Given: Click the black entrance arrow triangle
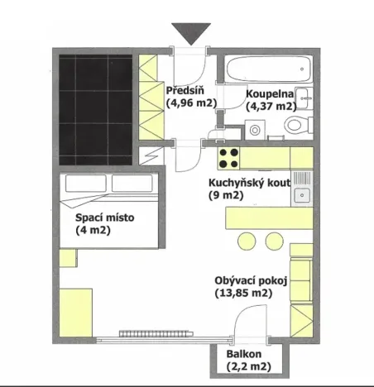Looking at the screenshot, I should [x=191, y=35].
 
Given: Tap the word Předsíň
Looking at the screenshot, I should [x=180, y=90].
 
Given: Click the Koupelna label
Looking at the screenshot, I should [x=268, y=93].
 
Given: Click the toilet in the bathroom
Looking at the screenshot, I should [x=295, y=124].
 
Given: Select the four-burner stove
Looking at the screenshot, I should [x=228, y=156].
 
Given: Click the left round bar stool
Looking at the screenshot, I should [x=247, y=241].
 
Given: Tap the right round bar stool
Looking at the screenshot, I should [x=274, y=241].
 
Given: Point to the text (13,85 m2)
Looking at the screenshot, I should [x=243, y=293].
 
